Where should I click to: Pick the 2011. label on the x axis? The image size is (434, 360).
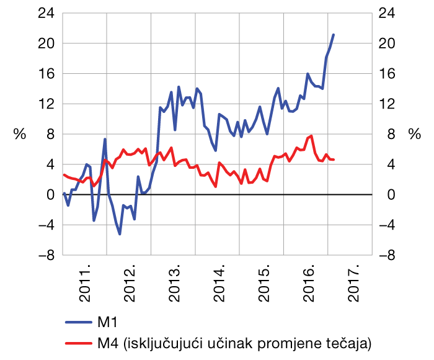(x=86, y=284)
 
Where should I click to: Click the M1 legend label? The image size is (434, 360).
(x=107, y=322)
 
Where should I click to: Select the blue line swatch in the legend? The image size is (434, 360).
(x=77, y=322)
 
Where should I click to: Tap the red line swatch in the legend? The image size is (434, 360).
(x=77, y=342)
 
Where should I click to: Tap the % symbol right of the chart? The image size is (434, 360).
(x=414, y=135)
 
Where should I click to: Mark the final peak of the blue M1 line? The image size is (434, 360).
(x=334, y=35)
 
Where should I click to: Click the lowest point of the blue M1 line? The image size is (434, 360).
(x=120, y=234)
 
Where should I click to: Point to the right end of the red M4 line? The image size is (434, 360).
(x=334, y=160)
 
